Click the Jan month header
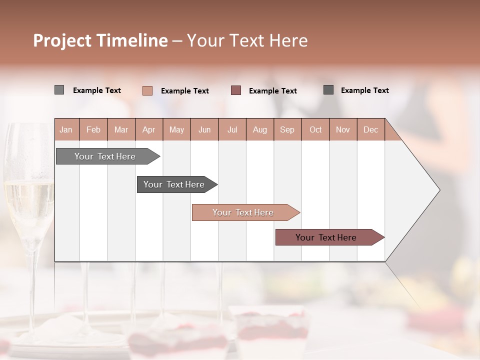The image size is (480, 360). point(66,129)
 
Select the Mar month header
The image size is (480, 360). point(121,129)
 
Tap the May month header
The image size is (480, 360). point(176,129)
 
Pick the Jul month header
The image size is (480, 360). point(232,129)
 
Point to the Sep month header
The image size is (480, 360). point(287,129)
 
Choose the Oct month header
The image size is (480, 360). point(315,129)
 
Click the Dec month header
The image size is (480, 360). point(370,129)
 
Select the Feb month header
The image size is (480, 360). point(93,129)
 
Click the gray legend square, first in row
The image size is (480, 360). point(59,90)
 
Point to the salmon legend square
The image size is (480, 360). point(147,90)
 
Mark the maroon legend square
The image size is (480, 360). point(236,90)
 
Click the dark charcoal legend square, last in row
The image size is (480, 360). point(328,90)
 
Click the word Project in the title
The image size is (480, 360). point(61,40)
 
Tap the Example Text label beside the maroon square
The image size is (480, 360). point(273,91)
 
